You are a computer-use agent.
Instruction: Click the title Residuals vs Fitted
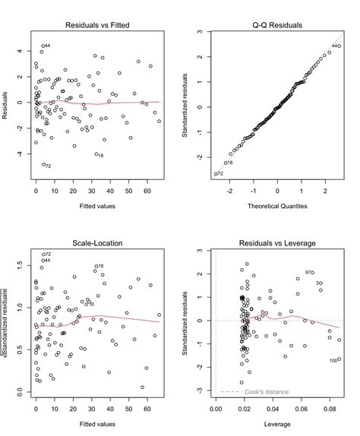(97, 24)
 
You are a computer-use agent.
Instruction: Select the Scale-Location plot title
(97, 244)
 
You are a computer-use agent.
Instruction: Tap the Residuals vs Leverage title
(277, 244)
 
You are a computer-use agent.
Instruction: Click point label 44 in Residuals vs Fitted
(47, 46)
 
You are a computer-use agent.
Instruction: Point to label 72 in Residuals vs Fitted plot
(47, 166)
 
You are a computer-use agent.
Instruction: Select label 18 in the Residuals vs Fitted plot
(99, 155)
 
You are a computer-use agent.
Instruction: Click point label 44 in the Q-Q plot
(336, 46)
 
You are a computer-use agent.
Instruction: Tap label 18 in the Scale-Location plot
(99, 266)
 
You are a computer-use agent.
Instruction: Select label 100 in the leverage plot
(333, 360)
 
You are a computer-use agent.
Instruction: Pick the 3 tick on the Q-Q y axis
(197, 33)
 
